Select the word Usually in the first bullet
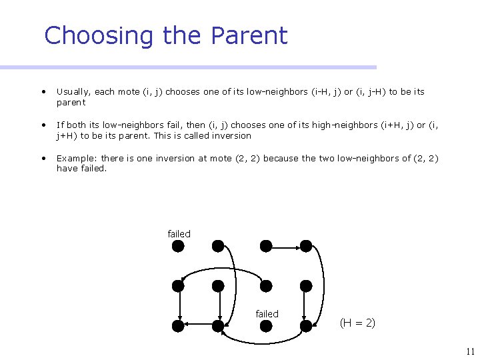pyautogui.click(x=74, y=92)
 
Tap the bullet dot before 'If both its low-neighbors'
pyautogui.click(x=43, y=125)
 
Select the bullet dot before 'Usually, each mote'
pyautogui.click(x=43, y=92)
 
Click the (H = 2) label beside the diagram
pyautogui.click(x=357, y=323)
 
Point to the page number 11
pyautogui.click(x=470, y=351)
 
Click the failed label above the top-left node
pyautogui.click(x=179, y=234)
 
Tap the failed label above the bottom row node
pyautogui.click(x=267, y=314)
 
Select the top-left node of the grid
pyautogui.click(x=178, y=246)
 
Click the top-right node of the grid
pyautogui.click(x=306, y=246)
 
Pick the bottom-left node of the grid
pyautogui.click(x=178, y=326)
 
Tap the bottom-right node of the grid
pyautogui.click(x=306, y=326)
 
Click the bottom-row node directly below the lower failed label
pyautogui.click(x=266, y=326)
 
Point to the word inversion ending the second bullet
pyautogui.click(x=231, y=135)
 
